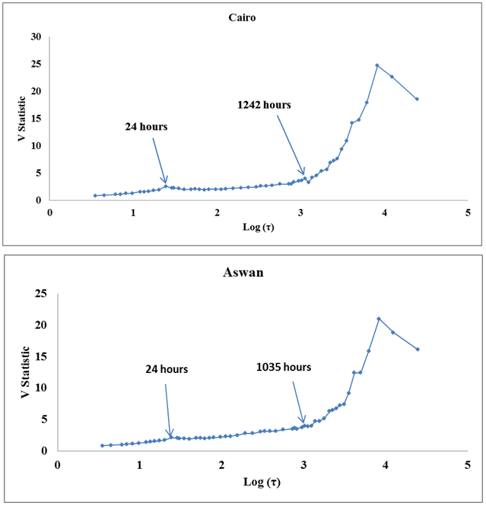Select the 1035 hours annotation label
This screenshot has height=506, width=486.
coord(284,367)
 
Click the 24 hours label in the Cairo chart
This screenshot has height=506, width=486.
coord(146,127)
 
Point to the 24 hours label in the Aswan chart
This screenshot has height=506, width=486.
coord(167,369)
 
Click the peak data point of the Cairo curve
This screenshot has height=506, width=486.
coord(377,65)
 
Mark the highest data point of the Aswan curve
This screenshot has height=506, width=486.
coord(379,318)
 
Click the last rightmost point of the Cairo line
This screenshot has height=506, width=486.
coord(418,99)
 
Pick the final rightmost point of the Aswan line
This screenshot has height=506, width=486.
coord(418,349)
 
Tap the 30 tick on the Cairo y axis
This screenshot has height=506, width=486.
coord(36,36)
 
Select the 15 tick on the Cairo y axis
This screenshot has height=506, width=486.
coord(36,119)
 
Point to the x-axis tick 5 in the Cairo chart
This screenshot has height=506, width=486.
coord(468,213)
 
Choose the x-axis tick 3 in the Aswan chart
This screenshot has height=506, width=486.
coord(304,463)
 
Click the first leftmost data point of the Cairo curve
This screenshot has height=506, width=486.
coord(95,195)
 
